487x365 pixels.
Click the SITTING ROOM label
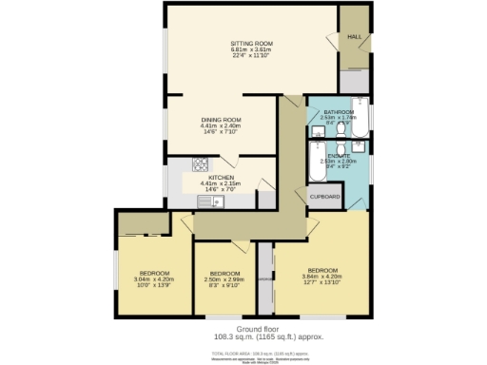point(252,44)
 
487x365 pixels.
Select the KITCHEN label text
point(222,177)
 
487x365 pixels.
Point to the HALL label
point(353,37)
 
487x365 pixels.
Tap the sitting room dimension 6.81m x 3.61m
point(252,50)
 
